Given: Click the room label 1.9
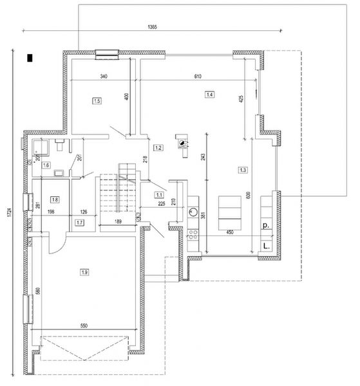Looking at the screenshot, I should pos(84,273).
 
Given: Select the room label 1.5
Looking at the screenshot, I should pos(97,100).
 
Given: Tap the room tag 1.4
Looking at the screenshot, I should pos(209,95).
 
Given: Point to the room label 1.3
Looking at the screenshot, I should pos(243,170).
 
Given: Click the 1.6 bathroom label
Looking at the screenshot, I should pos(46,165).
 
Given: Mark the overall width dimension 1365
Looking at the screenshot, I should pos(153,27).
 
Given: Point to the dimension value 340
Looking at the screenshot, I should pos(103,77).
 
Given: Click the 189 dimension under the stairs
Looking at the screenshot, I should pos(118,223).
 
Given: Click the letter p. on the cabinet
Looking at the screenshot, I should pos(265,226).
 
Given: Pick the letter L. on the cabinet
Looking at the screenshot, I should pos(265,246).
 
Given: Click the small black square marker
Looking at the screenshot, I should pos(30,59).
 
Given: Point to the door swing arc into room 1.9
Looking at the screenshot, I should pos(59,246).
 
